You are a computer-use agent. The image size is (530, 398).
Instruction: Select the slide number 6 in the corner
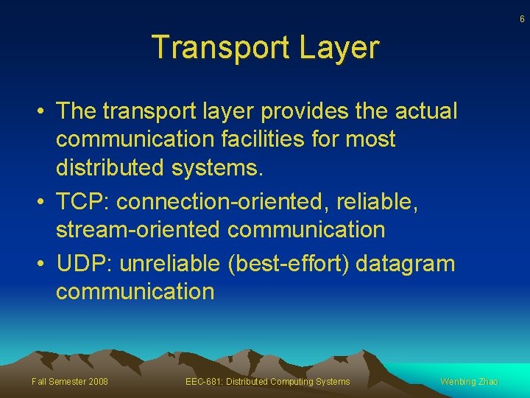522,19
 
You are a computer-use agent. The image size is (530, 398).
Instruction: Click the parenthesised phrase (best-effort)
294,263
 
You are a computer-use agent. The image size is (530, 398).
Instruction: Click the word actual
426,111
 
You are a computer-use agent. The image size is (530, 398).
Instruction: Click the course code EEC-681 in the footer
205,381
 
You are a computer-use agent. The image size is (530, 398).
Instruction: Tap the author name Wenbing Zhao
469,381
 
